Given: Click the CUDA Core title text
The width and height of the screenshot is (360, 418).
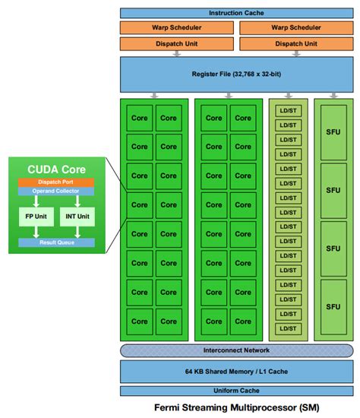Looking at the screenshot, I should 58,169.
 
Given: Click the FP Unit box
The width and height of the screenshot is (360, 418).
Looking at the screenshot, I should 35,216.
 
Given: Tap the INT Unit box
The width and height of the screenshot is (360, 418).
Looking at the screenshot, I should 77,216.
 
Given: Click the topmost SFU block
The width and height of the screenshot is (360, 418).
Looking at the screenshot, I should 333,131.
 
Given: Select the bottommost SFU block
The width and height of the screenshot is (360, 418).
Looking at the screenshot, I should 333,307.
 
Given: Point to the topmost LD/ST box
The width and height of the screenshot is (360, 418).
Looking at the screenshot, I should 288,111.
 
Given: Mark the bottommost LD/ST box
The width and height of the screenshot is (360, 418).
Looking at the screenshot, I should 288,328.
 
